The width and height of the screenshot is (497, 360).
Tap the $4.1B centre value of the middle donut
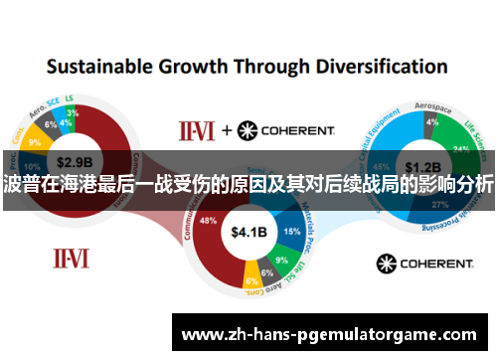pyautogui.click(x=248, y=233)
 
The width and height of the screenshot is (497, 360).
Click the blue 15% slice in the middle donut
pyautogui.click(x=291, y=231)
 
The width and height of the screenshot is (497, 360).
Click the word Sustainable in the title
pyautogui.click(x=98, y=68)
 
